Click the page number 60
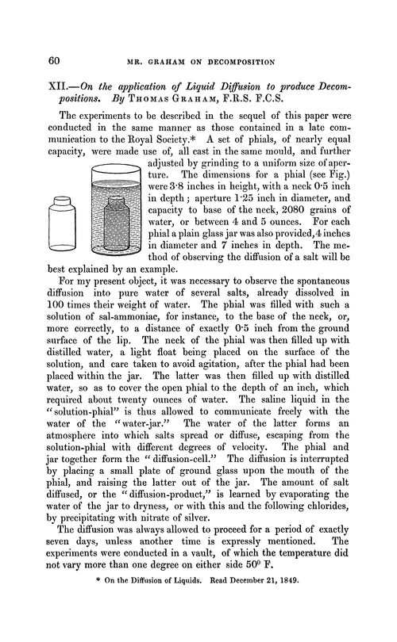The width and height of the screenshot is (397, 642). click(56, 60)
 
